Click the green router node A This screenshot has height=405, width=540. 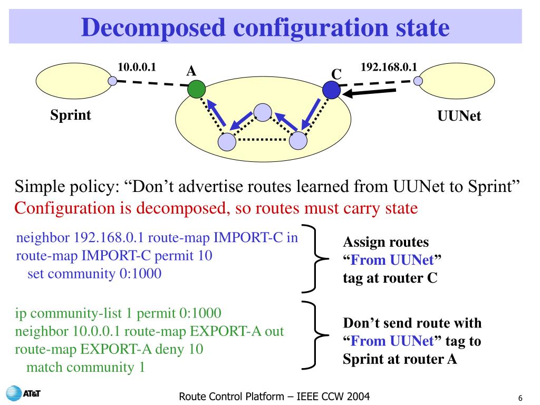coord(196,89)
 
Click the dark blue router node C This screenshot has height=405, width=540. coord(331,90)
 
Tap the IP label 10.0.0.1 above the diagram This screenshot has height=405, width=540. coord(137,67)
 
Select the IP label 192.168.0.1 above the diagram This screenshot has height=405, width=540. coord(389,67)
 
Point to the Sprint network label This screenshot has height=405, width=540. coord(71,115)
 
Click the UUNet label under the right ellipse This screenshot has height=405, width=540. coord(459,115)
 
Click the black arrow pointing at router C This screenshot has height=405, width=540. coord(369,92)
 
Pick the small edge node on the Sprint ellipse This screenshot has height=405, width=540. coord(113,81)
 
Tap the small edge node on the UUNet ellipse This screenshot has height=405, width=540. coord(418,81)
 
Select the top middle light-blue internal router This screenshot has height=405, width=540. coord(263,112)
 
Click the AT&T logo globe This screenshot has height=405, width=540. coord(14,393)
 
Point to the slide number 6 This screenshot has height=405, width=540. coord(520,398)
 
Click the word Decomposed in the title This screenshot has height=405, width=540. coord(153,28)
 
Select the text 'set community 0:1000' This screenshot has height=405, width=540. coord(94,274)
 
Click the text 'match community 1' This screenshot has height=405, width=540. coord(85,367)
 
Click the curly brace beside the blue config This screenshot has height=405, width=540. coord(315,258)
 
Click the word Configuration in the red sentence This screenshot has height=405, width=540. coord(65,208)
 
